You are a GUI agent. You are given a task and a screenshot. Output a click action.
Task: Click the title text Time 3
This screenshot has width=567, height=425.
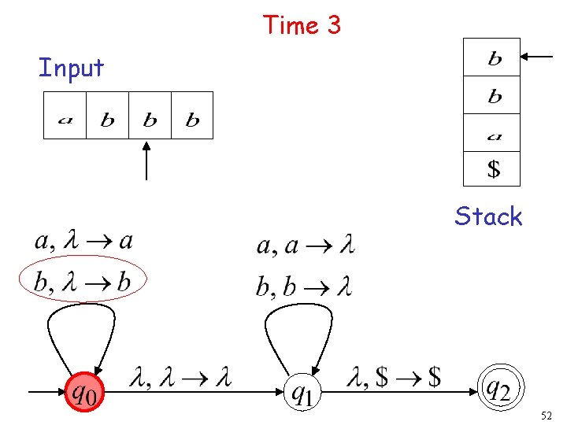point(302,25)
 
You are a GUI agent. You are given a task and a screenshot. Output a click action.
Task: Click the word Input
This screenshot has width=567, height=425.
point(71,68)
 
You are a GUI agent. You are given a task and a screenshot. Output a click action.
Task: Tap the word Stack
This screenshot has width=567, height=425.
point(488,216)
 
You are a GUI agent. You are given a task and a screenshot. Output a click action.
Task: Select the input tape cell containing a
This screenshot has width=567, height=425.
point(65,116)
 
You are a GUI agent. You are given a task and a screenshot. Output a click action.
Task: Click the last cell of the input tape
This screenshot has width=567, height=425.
point(192,116)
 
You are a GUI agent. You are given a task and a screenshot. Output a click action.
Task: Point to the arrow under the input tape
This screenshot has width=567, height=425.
point(147,161)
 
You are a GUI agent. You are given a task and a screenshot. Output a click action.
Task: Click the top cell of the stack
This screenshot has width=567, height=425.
point(492,57)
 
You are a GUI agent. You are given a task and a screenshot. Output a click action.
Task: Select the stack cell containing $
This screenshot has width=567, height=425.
point(492,168)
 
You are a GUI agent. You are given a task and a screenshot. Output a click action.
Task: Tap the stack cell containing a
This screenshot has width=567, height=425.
point(492,132)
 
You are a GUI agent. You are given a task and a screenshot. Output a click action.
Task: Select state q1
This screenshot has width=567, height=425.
point(302,390)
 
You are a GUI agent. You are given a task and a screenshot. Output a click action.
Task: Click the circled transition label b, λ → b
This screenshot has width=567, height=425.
point(83,279)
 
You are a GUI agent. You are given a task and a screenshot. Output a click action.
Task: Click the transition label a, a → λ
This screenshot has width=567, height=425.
point(305,246)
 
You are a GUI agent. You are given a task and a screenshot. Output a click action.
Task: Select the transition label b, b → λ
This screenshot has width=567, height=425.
point(303,285)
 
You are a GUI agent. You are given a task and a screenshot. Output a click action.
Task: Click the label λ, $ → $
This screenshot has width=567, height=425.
point(393,379)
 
